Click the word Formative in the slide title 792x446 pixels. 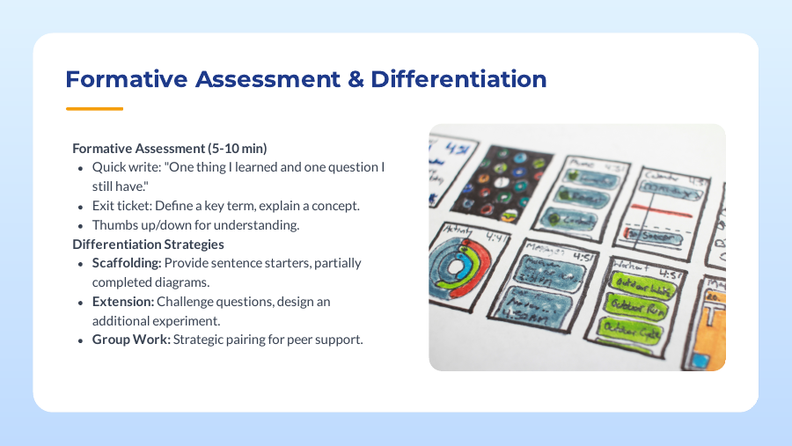tap(125, 79)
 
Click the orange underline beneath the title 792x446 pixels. tap(94, 109)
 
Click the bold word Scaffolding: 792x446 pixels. tap(127, 263)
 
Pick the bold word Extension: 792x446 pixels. tap(121, 302)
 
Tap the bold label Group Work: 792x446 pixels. tap(131, 340)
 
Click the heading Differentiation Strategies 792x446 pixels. tap(148, 244)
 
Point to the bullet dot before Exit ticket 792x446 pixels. tap(82, 206)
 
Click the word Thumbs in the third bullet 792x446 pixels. tap(112, 224)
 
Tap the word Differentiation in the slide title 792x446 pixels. tap(458, 79)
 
